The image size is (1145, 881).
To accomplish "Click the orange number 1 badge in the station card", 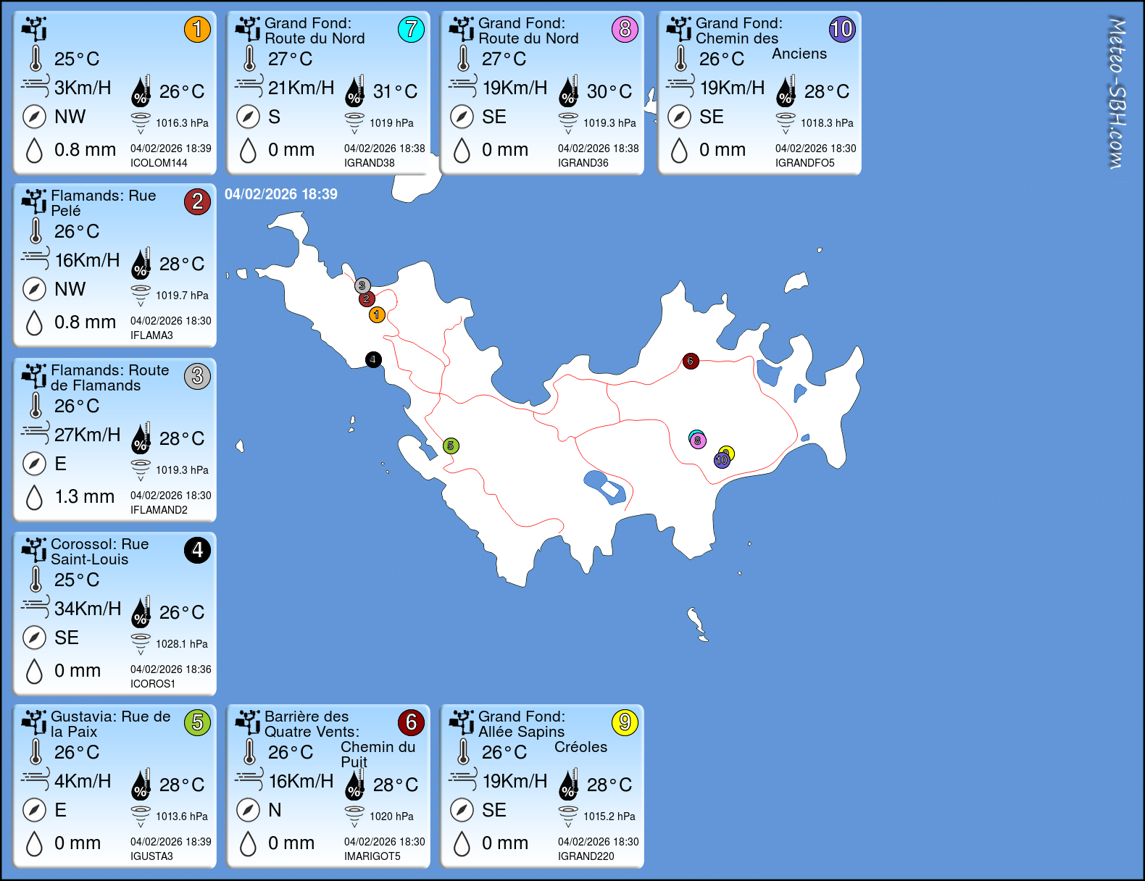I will [197, 30].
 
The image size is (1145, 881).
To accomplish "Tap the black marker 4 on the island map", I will [373, 359].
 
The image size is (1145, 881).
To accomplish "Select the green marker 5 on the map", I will [451, 446].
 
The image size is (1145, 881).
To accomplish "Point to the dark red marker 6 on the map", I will [691, 361].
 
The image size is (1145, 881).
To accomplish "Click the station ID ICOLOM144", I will [159, 163].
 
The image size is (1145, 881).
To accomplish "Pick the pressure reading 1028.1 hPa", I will [181, 644].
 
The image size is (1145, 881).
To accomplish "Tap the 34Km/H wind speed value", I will [88, 609].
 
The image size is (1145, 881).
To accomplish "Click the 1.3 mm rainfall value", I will [85, 496].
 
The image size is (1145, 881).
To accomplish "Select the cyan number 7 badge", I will [411, 30].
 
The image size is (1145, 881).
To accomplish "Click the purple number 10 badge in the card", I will [842, 30].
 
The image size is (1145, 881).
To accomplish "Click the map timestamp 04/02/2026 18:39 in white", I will [281, 194].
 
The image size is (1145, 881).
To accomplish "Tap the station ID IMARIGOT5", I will [372, 856].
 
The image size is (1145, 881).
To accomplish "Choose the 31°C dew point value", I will [395, 91].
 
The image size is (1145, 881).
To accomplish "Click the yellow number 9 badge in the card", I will [625, 722].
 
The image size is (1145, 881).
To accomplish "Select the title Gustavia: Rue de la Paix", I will [110, 724].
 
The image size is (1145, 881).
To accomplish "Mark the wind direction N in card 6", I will [275, 810].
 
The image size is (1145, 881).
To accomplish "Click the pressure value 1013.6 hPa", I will [181, 817].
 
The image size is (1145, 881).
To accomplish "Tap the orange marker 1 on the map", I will [377, 314].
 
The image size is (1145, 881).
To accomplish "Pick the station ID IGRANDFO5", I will [805, 163].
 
